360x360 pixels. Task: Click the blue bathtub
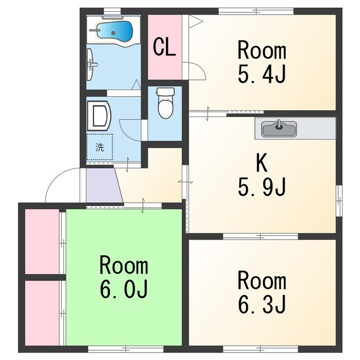[x=114, y=32]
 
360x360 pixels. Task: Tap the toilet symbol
[x=165, y=103]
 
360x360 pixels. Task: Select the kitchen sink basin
[x=280, y=129]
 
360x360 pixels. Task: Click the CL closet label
[x=164, y=47]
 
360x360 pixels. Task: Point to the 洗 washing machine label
[x=100, y=147]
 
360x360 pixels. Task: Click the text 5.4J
[x=262, y=74]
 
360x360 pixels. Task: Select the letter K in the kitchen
[x=262, y=163]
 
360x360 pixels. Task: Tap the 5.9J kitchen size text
[x=262, y=187]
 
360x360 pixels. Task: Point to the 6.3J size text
[x=262, y=304]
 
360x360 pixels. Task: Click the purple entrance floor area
[x=103, y=185]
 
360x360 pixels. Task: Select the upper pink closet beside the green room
[x=42, y=241]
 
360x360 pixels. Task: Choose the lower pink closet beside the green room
[x=42, y=313]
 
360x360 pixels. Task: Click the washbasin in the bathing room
[x=90, y=65]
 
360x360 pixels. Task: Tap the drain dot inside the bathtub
[x=113, y=33]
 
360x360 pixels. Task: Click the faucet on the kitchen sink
[x=279, y=124]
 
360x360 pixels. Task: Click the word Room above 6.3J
[x=262, y=281]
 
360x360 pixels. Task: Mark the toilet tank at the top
[x=165, y=91]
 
